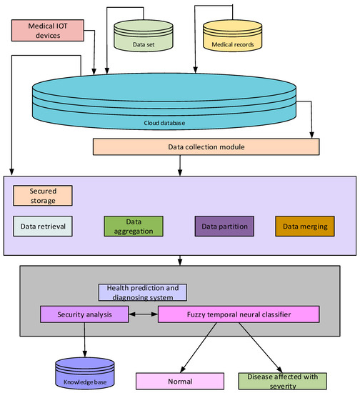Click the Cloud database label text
tap(164, 122)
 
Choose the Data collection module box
tap(206, 146)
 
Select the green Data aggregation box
tap(134, 226)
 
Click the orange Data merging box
tap(305, 226)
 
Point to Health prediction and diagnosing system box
tap(142, 292)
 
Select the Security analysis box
tap(84, 313)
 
